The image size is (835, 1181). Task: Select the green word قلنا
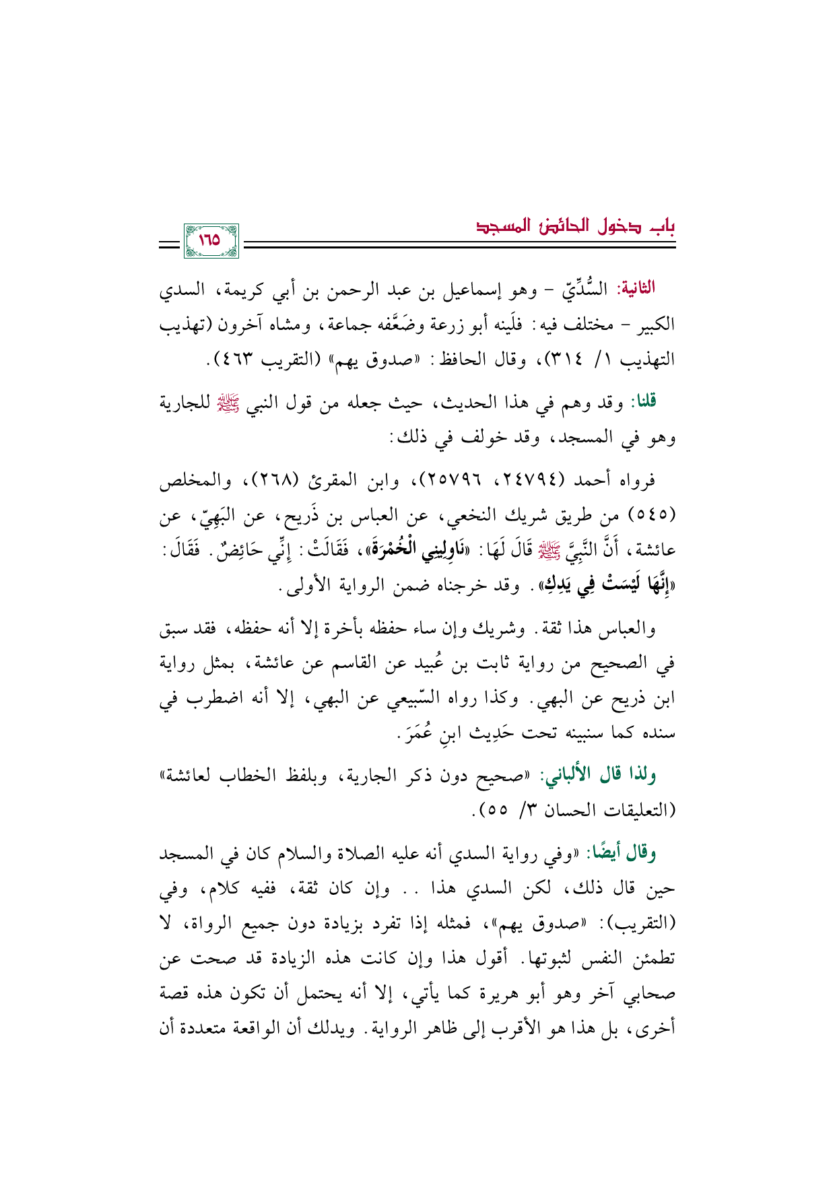[642, 403]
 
